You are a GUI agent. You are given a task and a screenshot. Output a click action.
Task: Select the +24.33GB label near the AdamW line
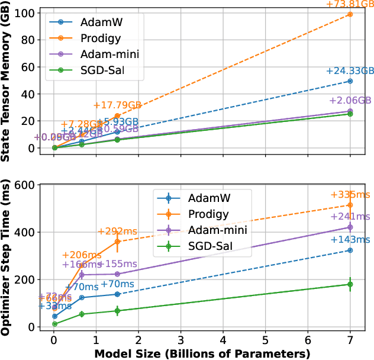pyautogui.click(x=349, y=71)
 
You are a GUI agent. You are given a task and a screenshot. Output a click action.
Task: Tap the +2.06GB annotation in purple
pyautogui.click(x=350, y=100)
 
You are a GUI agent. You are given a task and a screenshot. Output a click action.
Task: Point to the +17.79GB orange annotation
pyautogui.click(x=117, y=105)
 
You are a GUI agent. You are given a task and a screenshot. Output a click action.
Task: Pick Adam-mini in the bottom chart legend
pyautogui.click(x=217, y=230)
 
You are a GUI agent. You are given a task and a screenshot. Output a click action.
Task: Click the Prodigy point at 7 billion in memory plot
pyautogui.click(x=350, y=14)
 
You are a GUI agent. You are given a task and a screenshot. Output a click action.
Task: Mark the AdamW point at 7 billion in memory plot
pyautogui.click(x=350, y=81)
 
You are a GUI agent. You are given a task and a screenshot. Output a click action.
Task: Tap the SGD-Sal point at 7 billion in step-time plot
pyautogui.click(x=350, y=284)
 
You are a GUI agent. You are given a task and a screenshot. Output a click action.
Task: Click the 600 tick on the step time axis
pyautogui.click(x=24, y=185)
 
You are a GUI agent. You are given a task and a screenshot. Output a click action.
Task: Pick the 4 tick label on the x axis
pyautogui.click(x=223, y=341)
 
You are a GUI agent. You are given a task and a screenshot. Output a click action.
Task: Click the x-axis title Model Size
pyautogui.click(x=202, y=353)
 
